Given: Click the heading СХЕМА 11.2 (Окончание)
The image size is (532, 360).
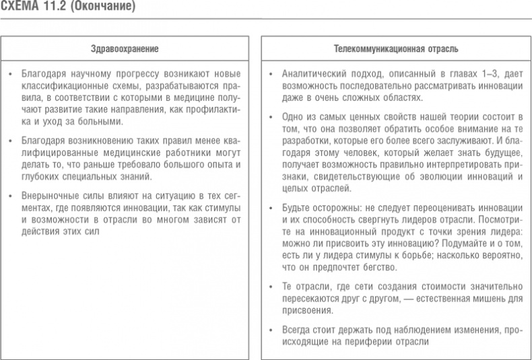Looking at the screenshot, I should click(67, 8).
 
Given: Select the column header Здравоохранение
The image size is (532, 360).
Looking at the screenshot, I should click(125, 48).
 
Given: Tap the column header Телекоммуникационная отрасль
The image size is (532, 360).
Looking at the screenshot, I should click(396, 48).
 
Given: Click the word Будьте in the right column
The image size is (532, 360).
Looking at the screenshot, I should click(295, 207).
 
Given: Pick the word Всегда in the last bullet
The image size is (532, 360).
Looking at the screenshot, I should click(296, 331).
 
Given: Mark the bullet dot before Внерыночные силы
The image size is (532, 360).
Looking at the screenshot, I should click(10, 195).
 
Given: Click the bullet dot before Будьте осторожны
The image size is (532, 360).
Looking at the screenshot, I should click(270, 207).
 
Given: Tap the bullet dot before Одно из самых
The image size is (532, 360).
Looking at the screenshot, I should click(270, 116).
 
